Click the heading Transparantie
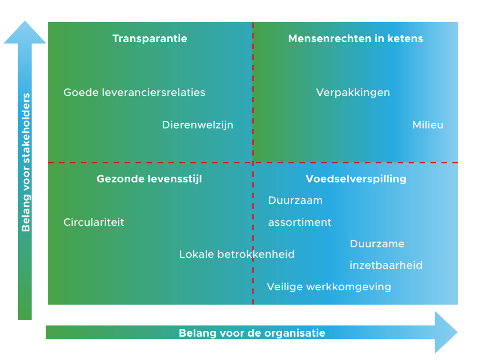150,39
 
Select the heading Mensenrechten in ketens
356,39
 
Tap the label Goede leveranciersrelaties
134,93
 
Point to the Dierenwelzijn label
198,125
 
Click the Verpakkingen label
353,93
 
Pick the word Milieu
428,125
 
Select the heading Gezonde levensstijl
149,179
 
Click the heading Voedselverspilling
356,179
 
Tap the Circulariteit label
94,222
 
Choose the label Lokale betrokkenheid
237,254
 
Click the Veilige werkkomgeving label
329,287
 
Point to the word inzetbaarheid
386,265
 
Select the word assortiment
300,222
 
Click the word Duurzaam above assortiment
295,201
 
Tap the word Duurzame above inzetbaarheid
377,244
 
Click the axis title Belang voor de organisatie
252,333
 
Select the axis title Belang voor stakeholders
26,162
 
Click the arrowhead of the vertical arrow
25,32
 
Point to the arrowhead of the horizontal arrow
446,332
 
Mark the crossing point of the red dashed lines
253,162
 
